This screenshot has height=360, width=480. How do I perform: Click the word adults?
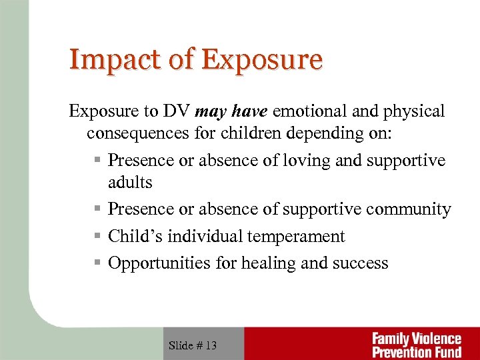pos(130,182)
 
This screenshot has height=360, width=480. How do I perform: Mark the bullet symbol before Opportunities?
pos(97,263)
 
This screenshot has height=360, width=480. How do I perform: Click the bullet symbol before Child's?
pos(97,236)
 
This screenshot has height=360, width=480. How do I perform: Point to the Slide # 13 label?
pos(193,345)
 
